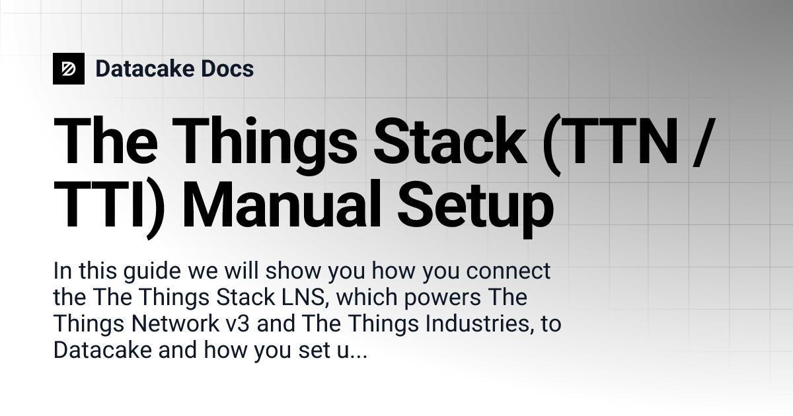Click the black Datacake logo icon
pos(69,69)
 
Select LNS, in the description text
pos(299,298)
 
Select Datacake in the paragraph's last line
pos(102,351)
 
